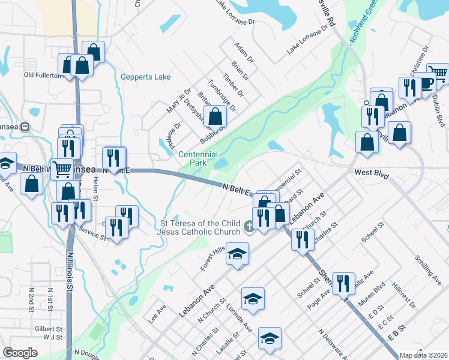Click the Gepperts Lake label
pyautogui.click(x=145, y=77)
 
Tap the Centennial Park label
pyautogui.click(x=197, y=158)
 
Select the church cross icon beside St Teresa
pyautogui.click(x=250, y=227)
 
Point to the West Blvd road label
pyautogui.click(x=372, y=173)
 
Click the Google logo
pyautogui.click(x=20, y=353)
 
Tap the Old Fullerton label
pyautogui.click(x=43, y=75)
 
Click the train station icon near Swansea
pyautogui.click(x=25, y=127)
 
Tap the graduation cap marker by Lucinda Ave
pyautogui.click(x=253, y=298)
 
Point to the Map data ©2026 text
pyautogui.click(x=424, y=355)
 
